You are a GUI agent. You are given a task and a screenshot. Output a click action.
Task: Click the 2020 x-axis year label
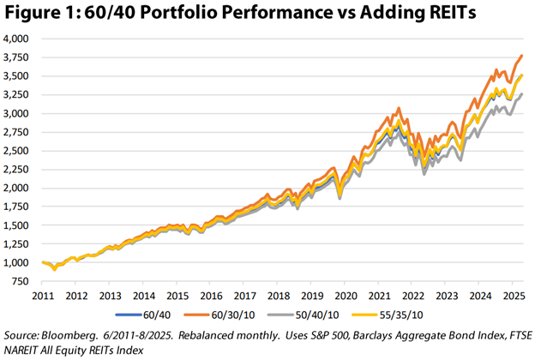point(344,295)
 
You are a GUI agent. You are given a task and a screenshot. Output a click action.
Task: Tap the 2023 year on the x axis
point(445,295)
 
